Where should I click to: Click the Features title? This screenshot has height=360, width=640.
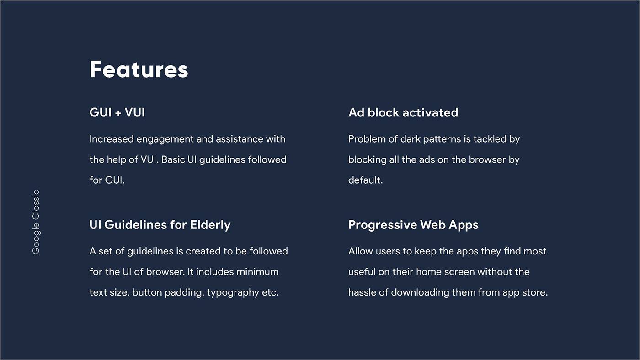tap(139, 69)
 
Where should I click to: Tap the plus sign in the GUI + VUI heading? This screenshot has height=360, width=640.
tap(118, 113)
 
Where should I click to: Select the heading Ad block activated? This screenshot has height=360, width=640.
tap(403, 112)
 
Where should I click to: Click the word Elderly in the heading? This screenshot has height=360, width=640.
tap(210, 225)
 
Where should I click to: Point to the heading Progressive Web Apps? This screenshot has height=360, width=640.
tap(413, 225)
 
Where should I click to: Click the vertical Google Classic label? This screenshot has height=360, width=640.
tap(36, 222)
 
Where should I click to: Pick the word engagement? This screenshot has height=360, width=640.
tap(165, 139)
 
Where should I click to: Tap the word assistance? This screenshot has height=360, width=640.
tap(240, 139)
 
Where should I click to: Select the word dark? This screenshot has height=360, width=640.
tap(411, 139)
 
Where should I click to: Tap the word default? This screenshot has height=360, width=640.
tap(365, 180)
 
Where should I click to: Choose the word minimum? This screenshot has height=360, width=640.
tap(257, 272)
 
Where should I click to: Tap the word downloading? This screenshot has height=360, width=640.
tap(420, 293)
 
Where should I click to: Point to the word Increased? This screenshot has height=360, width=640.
tap(112, 139)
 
